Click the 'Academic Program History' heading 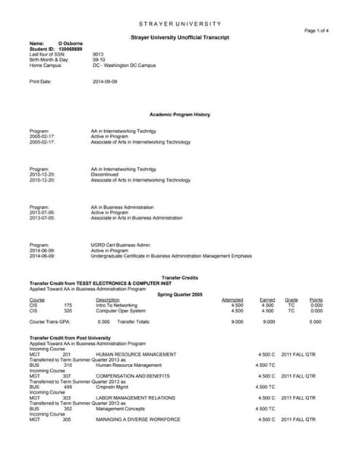coord(180,114)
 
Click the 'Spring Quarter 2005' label coord(180,293)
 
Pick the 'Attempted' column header coord(232,300)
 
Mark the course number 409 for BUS coord(67,386)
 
